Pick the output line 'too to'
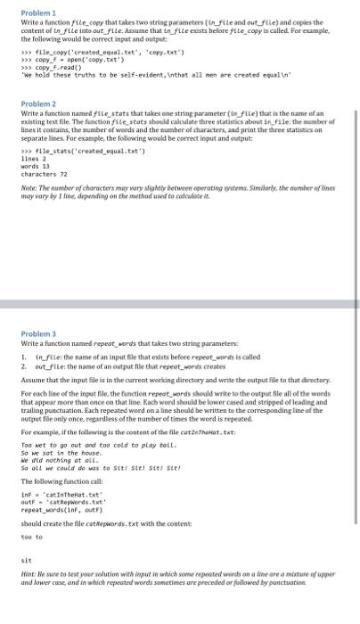pyautogui.click(x=32, y=538)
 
